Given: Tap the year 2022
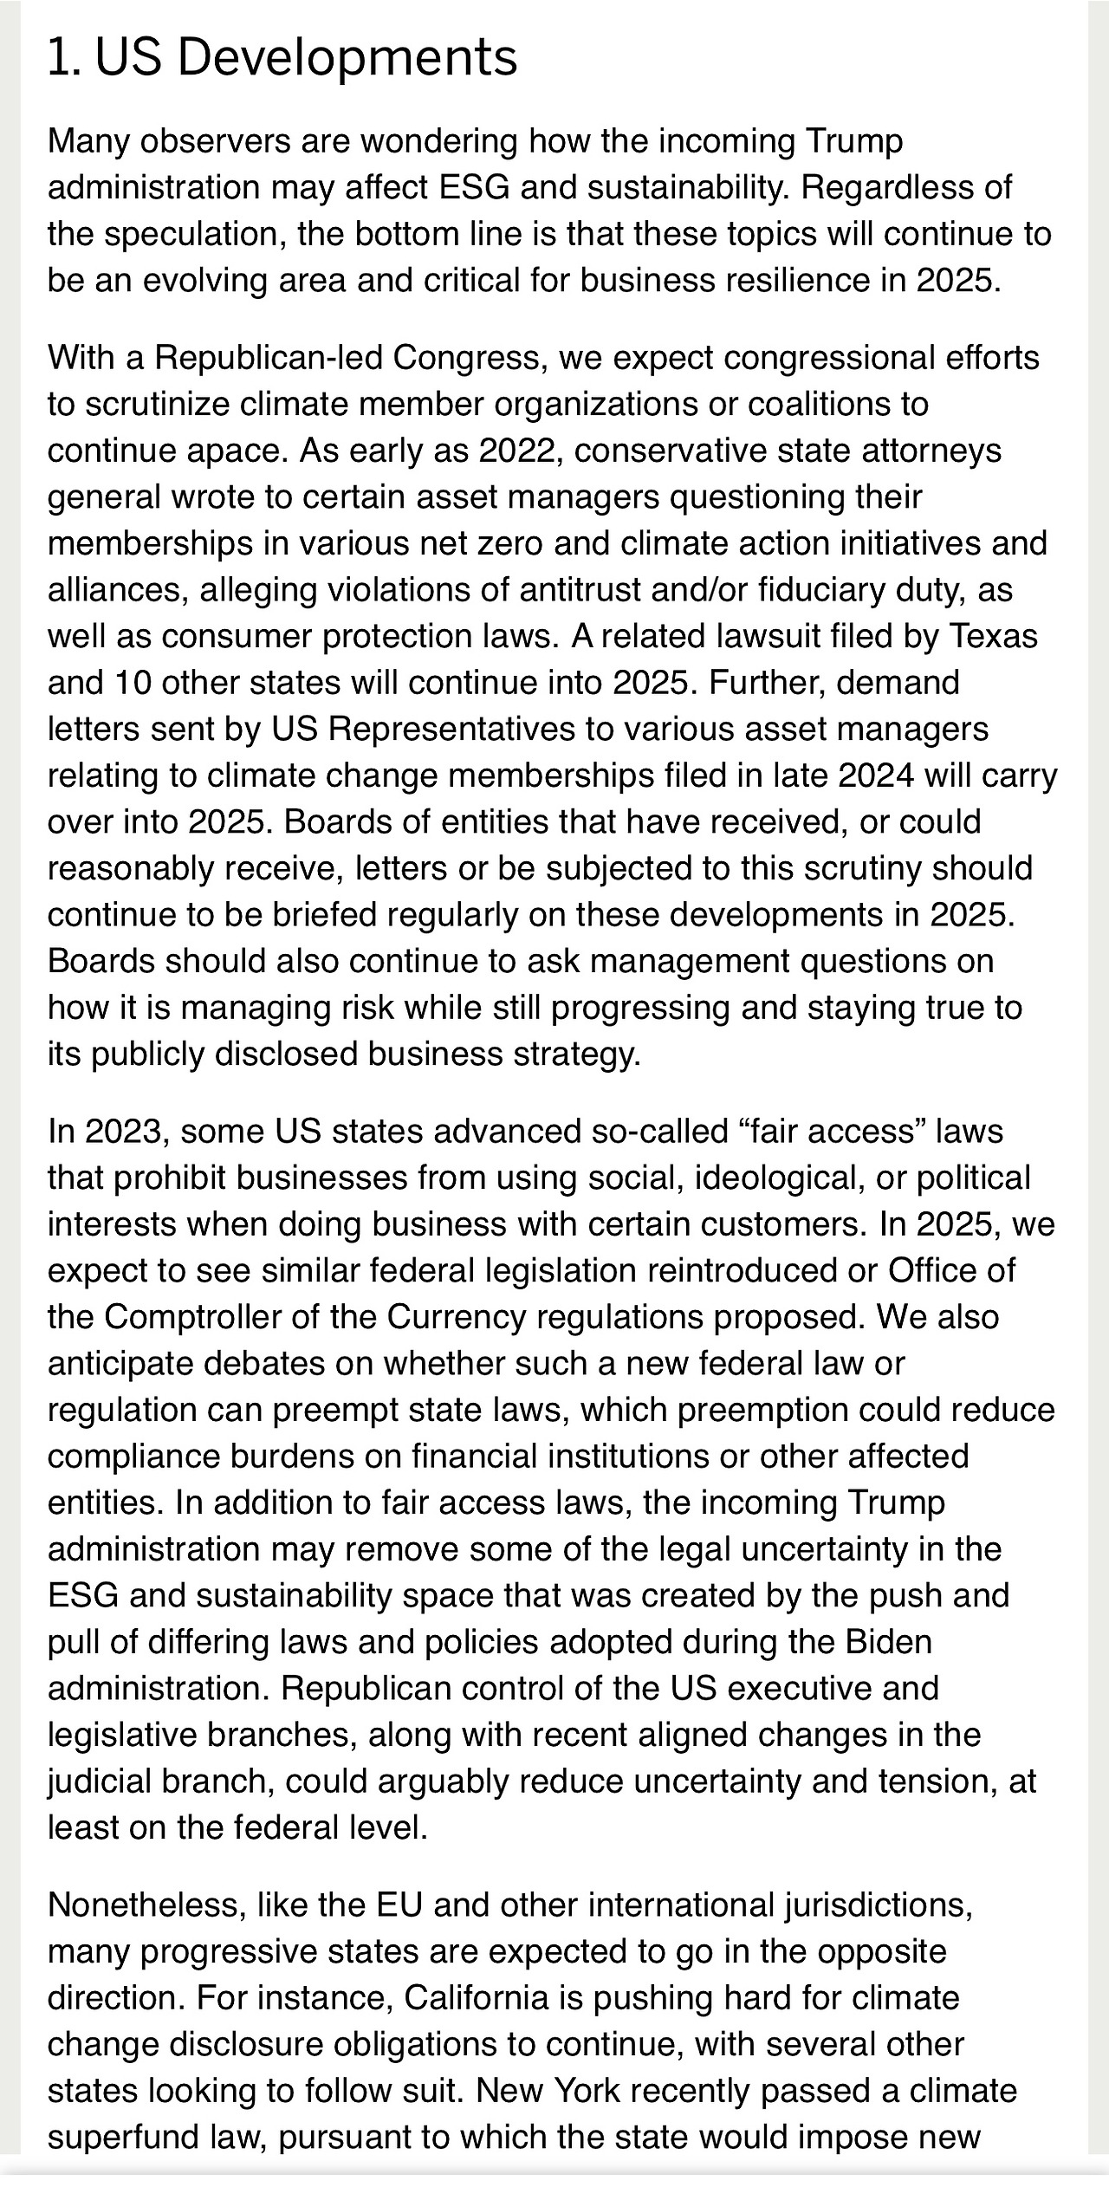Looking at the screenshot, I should [520, 451].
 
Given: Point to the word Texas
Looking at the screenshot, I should [993, 637].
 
